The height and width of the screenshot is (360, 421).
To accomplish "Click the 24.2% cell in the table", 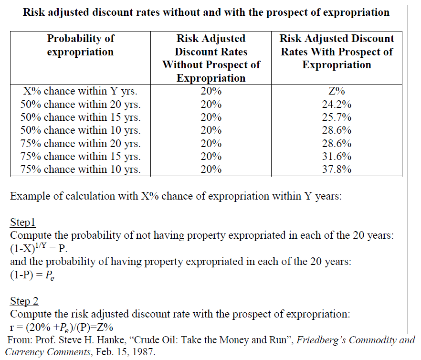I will (x=337, y=105).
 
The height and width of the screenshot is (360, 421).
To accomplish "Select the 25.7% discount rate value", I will (x=337, y=117).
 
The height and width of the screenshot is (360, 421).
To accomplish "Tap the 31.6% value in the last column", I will (x=337, y=156).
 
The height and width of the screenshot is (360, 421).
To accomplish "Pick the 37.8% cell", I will (x=337, y=169).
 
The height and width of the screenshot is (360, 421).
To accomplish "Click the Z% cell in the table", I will (x=337, y=91).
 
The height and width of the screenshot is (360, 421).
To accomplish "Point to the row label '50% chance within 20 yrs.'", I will (x=81, y=105).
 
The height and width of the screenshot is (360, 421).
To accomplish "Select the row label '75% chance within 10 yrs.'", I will (x=81, y=169).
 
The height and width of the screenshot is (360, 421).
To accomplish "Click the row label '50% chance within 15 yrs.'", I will (x=81, y=117).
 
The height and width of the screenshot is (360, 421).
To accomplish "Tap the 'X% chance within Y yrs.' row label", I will (x=81, y=91).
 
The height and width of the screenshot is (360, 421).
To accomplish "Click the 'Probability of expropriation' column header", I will (x=81, y=45).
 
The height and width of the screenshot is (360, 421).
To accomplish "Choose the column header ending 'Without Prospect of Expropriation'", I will (x=211, y=58).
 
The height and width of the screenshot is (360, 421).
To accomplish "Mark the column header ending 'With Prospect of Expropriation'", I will (x=337, y=52).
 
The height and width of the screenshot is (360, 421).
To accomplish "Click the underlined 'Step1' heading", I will (x=23, y=222).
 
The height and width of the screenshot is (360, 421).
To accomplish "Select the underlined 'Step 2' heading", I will (x=24, y=301).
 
